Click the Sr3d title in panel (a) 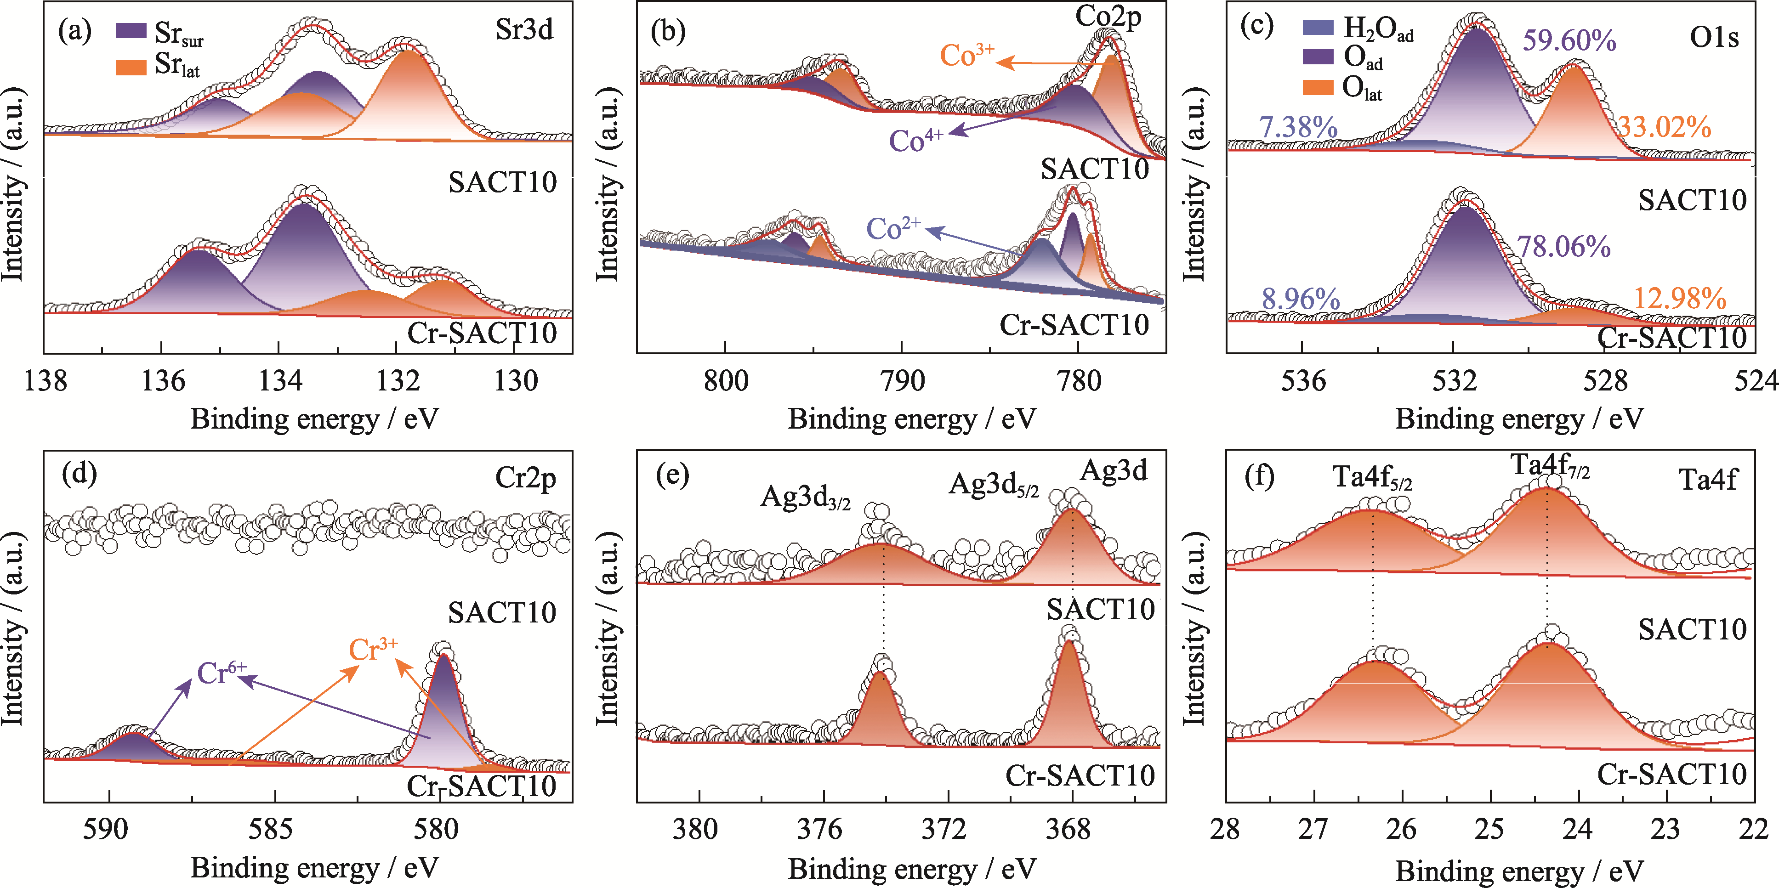(524, 30)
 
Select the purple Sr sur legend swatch (131, 30)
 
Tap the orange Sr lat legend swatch (131, 67)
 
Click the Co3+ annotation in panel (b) (967, 55)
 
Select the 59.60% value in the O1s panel (1569, 41)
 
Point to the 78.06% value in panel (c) (1563, 247)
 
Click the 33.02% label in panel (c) (1665, 127)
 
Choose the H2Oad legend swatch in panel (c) (1317, 27)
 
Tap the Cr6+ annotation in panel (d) (221, 673)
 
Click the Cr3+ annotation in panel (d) (373, 649)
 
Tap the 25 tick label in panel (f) (1489, 829)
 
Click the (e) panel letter (672, 476)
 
